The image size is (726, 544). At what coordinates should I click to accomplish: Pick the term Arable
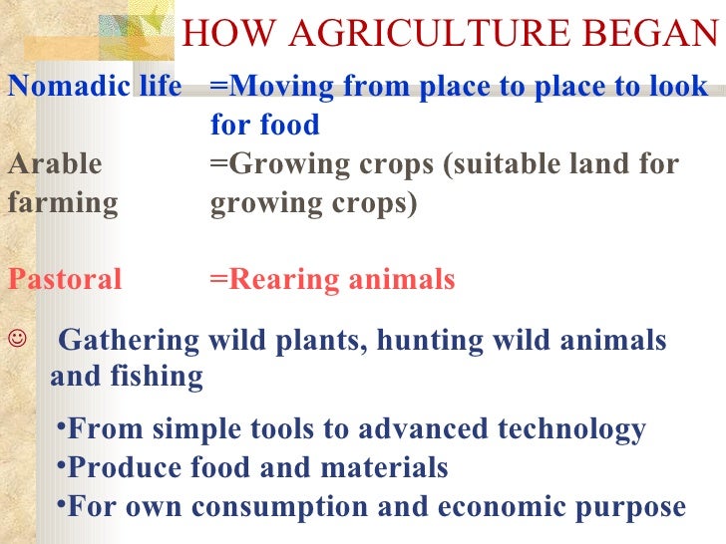[54, 163]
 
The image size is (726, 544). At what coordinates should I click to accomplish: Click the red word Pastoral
[65, 280]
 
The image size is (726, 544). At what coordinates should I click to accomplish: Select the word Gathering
[130, 341]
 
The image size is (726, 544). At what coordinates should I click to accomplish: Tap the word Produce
[125, 467]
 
